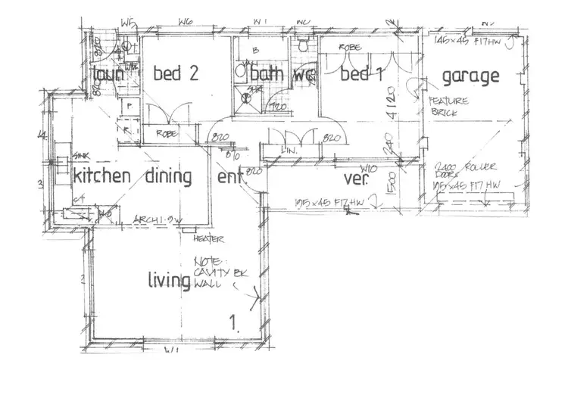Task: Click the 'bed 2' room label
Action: coord(176,74)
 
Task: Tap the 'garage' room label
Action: coord(470,76)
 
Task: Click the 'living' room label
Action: coord(168,281)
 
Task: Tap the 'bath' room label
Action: coord(267,74)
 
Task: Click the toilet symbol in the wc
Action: coord(304,47)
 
